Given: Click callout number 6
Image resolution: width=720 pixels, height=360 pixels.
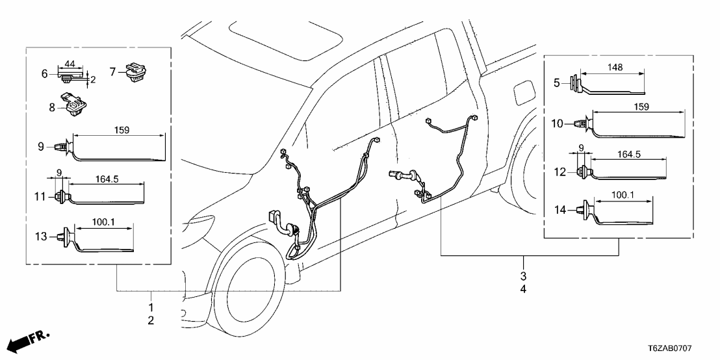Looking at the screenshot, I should point(45,74).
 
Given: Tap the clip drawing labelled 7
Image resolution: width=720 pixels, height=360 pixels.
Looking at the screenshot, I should point(137,70).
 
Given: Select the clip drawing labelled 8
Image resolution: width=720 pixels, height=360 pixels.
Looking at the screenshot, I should point(73,105).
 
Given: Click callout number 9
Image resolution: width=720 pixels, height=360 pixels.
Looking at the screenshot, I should point(41,147).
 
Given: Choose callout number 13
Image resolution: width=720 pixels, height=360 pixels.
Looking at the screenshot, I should point(41,237).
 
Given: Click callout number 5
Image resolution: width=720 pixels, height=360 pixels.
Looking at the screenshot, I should point(557,83).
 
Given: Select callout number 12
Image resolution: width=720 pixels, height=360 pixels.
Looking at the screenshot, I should point(559,172).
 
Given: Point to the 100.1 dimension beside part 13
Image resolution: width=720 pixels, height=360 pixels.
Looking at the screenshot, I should point(103,222).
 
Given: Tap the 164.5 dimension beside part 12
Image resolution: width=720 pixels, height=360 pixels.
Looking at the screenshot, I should point(627,156).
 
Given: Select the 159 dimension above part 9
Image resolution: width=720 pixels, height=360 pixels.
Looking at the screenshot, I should point(122,130).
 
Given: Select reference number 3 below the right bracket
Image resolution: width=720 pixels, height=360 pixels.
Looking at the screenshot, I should point(524,276).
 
